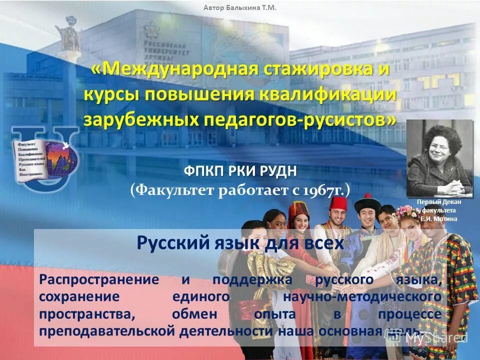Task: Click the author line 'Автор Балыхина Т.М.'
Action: (x=239, y=7)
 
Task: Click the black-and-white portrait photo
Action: (x=439, y=158)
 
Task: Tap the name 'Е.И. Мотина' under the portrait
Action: (x=438, y=219)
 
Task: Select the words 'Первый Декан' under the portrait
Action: (x=439, y=202)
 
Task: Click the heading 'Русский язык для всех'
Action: (x=240, y=243)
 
